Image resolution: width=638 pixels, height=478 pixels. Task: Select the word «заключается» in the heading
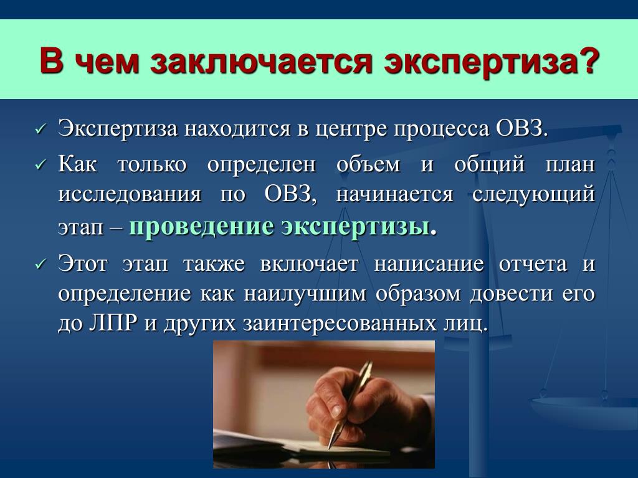tap(261, 62)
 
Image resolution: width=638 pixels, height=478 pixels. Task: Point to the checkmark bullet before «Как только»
tap(40, 165)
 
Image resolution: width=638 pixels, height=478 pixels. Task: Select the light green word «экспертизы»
tap(356, 227)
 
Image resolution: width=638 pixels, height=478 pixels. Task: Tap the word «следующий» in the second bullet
tap(533, 194)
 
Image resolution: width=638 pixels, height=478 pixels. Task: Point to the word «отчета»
tap(533, 264)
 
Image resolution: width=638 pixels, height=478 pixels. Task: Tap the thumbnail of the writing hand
tap(324, 405)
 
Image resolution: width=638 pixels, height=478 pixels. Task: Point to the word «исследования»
tap(130, 194)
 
